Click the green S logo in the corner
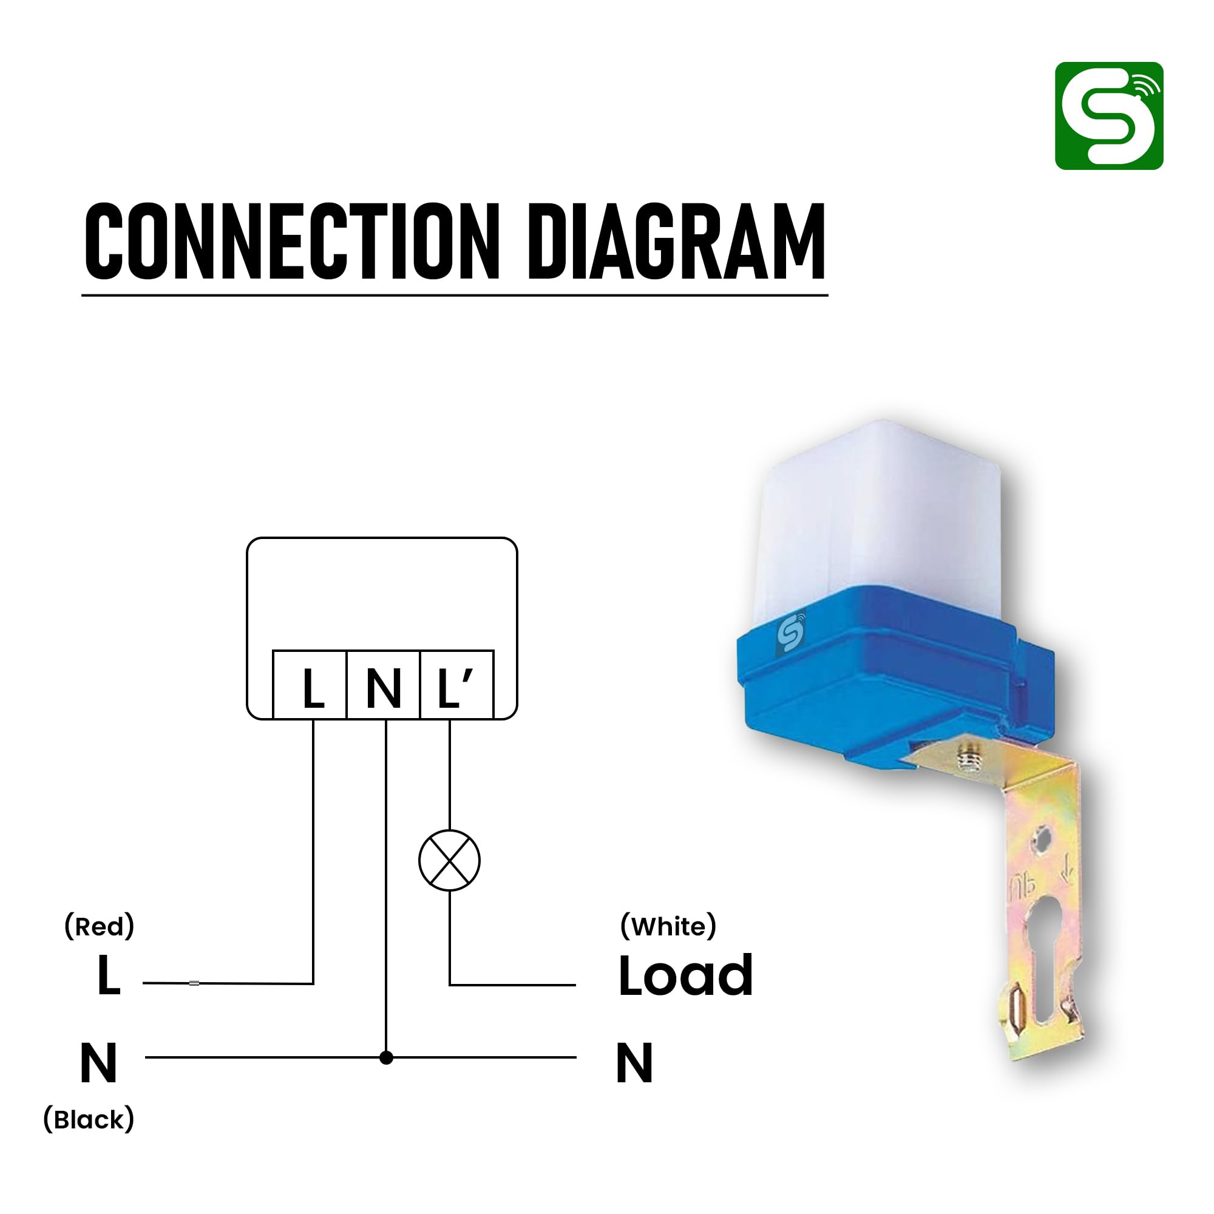1108,115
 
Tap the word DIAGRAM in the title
676,242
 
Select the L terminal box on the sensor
310,684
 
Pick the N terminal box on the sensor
383,684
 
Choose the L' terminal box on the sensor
457,684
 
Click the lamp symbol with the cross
449,860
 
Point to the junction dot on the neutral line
387,1057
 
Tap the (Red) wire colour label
100,926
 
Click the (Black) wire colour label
89,1120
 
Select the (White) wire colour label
668,927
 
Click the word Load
685,976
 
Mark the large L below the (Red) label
109,976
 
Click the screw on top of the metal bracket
968,757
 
